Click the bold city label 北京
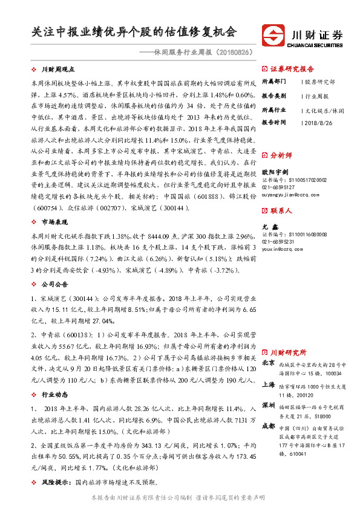(269, 362)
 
